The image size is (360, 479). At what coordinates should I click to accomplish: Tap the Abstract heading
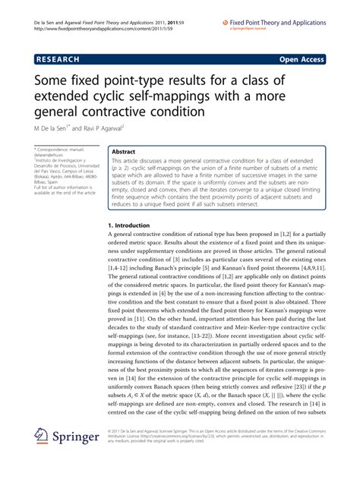pos(129,152)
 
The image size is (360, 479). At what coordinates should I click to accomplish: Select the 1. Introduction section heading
pos(134,226)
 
